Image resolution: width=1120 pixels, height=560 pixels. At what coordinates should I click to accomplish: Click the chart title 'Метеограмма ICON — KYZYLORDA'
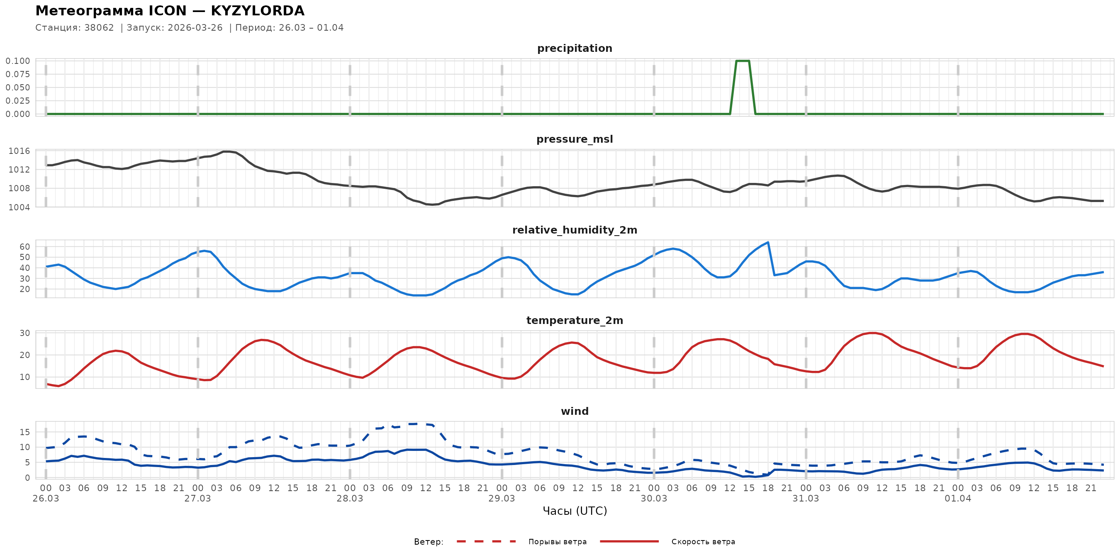[x=170, y=11]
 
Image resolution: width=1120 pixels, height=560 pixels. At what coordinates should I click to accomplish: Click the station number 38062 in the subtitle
[x=99, y=28]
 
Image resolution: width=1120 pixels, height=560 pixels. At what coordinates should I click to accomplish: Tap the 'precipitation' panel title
[x=575, y=48]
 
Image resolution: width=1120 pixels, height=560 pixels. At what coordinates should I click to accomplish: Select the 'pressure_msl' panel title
[x=575, y=139]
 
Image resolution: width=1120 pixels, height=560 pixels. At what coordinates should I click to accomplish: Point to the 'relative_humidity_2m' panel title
[x=575, y=230]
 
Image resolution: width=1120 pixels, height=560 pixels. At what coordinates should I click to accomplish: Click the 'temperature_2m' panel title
[x=575, y=320]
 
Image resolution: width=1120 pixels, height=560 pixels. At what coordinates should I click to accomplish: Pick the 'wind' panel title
[x=575, y=411]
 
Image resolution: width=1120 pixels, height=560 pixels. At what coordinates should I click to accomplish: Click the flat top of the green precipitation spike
[x=743, y=61]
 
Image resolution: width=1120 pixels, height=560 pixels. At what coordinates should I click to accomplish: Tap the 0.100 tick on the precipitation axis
[x=18, y=61]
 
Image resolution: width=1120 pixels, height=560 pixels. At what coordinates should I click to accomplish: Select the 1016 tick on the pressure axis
[x=19, y=151]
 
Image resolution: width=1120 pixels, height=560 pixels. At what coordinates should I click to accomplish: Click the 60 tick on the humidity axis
[x=25, y=246]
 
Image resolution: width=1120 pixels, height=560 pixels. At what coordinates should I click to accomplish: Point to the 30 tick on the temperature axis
[x=25, y=333]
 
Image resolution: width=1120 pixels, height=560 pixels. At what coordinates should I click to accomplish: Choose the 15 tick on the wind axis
[x=25, y=432]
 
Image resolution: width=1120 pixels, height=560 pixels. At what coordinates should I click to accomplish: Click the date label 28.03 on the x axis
[x=350, y=498]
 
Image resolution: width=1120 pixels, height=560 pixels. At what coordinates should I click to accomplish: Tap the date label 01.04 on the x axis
[x=957, y=498]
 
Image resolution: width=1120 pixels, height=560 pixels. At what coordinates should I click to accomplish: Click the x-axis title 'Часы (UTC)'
[x=575, y=511]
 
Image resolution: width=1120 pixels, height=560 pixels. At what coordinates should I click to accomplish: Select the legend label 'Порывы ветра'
[x=558, y=542]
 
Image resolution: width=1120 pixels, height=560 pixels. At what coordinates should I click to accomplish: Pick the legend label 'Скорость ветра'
[x=703, y=542]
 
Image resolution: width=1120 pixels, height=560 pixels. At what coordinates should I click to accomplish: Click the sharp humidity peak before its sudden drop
[x=768, y=243]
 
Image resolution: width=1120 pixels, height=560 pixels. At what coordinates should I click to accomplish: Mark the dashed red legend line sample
[x=486, y=541]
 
